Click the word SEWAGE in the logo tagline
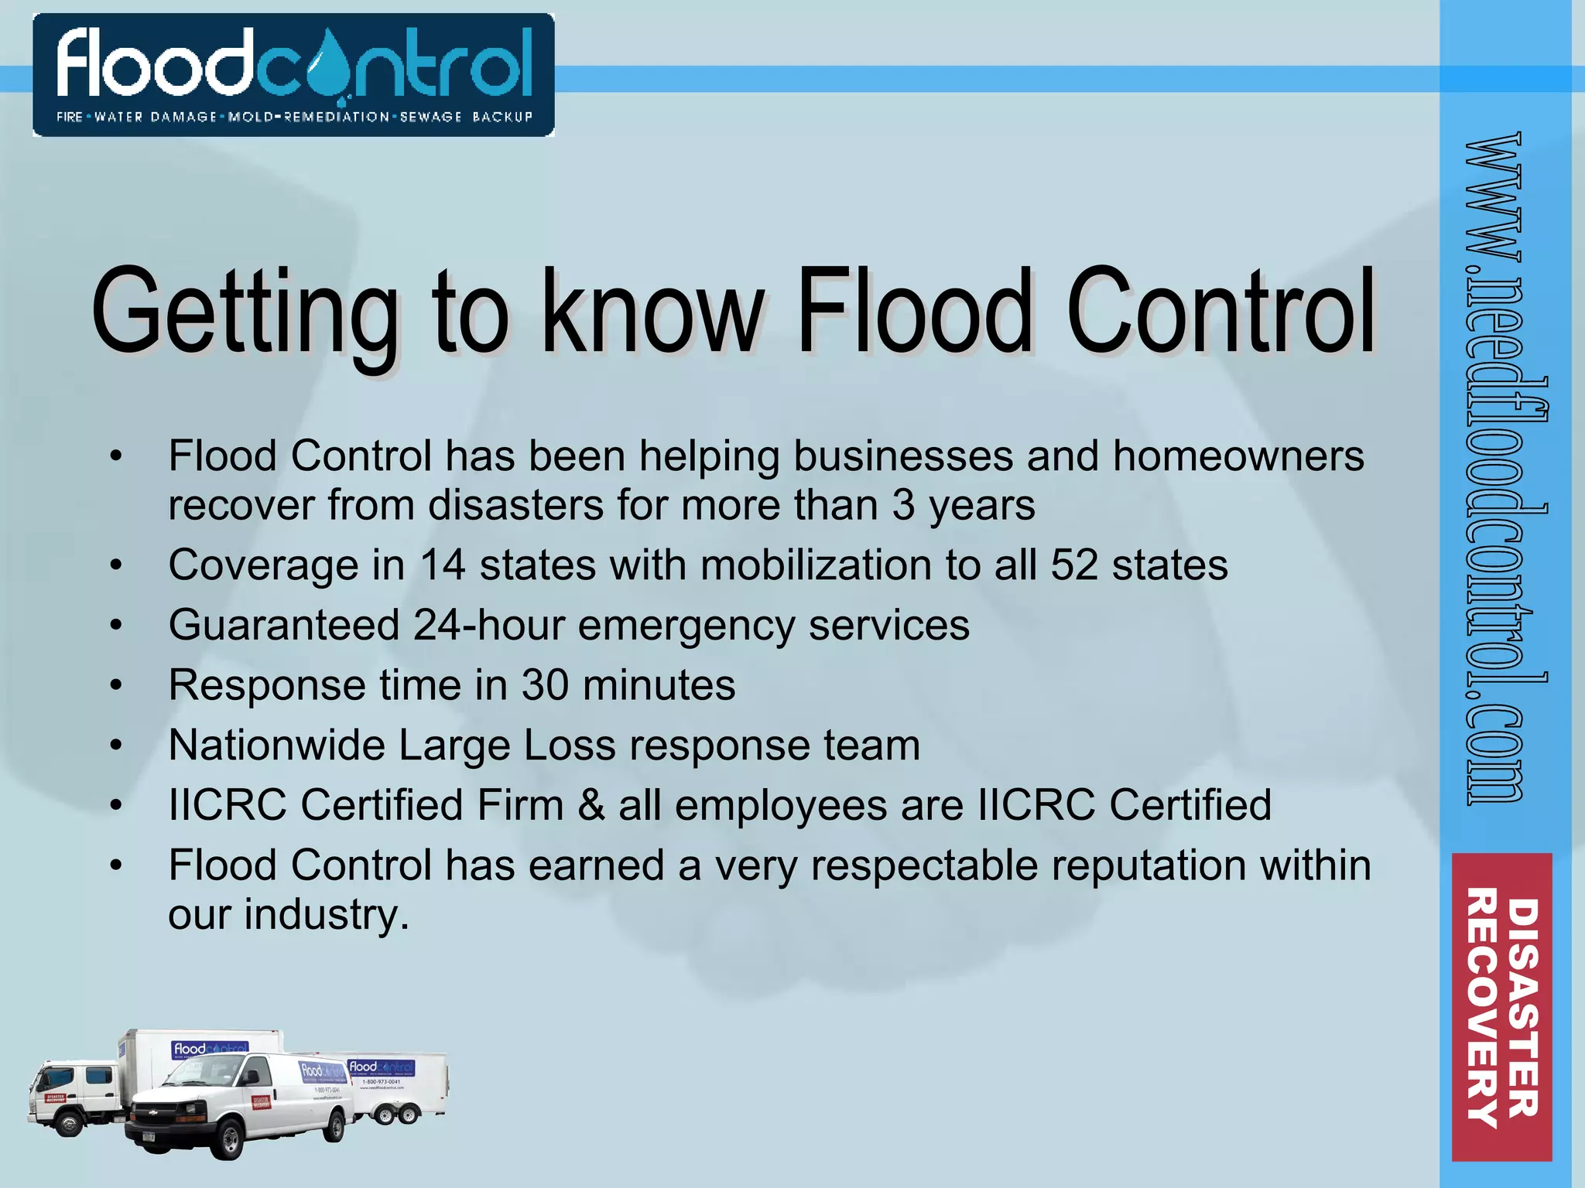click(431, 117)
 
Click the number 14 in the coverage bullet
click(443, 565)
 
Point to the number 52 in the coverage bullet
click(1074, 565)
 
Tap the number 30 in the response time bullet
click(545, 685)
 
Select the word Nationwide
click(276, 745)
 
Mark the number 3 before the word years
click(903, 505)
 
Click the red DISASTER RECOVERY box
click(1501, 1006)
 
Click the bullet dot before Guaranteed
click(116, 625)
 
